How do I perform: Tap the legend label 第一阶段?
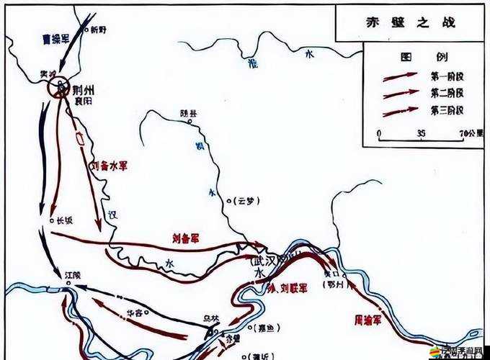(x=447, y=75)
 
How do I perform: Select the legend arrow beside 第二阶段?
(x=401, y=93)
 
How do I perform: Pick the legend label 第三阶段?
(x=447, y=110)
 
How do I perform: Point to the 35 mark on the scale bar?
(x=421, y=132)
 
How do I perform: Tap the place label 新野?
(x=97, y=30)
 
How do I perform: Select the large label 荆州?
(x=84, y=90)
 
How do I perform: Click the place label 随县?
(x=189, y=113)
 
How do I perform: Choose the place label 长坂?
(x=64, y=221)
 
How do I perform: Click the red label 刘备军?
(x=186, y=235)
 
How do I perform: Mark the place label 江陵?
(x=73, y=274)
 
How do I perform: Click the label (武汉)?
(x=264, y=260)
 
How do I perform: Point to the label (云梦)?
(x=242, y=201)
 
